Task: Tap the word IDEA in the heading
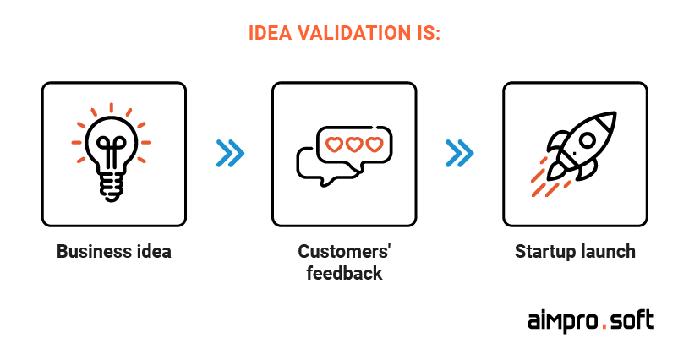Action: tap(271, 33)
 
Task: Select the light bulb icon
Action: tap(112, 153)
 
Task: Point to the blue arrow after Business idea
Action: tap(230, 153)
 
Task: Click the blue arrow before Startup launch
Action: tap(460, 153)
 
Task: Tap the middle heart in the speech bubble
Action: tap(354, 145)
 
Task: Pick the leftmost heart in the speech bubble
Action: tap(334, 145)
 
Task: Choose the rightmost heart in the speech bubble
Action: tap(375, 145)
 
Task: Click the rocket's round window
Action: tap(587, 140)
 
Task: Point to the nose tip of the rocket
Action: tap(615, 114)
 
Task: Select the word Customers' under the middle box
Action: tap(344, 252)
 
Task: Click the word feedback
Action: tap(344, 273)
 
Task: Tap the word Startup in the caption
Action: tap(545, 252)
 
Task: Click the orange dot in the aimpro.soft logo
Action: tap(605, 326)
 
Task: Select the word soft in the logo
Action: tap(633, 320)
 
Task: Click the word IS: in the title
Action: tap(429, 33)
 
